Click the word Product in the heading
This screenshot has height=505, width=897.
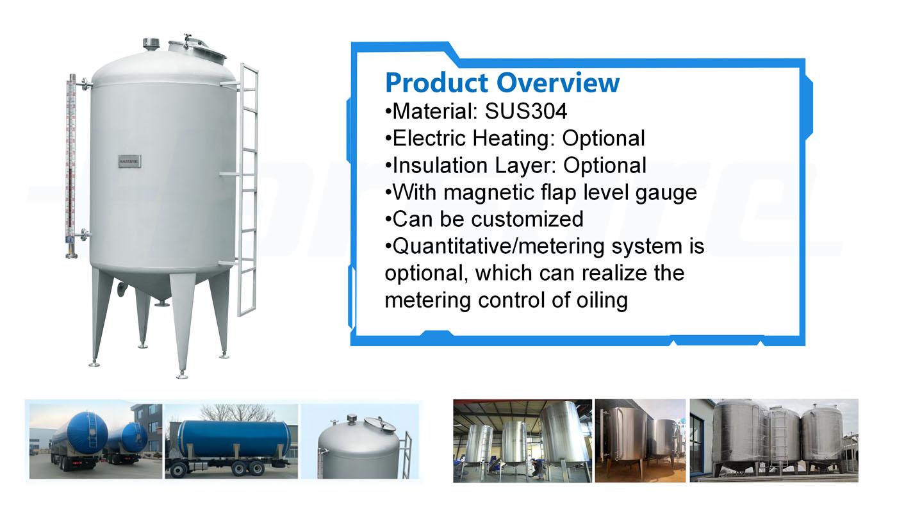click(x=437, y=83)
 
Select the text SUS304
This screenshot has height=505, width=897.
click(x=526, y=111)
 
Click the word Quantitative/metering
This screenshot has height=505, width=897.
click(x=498, y=246)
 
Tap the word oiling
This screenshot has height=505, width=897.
click(x=602, y=301)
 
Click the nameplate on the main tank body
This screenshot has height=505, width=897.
click(x=129, y=161)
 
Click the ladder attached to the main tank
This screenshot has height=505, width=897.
click(x=247, y=190)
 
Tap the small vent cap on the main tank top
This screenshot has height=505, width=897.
click(x=151, y=44)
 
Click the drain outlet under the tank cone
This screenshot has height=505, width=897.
click(x=162, y=304)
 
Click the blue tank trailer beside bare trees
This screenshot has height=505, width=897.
click(x=231, y=442)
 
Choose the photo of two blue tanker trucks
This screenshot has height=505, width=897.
click(x=95, y=442)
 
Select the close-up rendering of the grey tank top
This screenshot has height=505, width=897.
click(x=359, y=442)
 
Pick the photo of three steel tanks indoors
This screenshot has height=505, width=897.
click(x=523, y=440)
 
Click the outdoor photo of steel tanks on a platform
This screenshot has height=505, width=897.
click(x=774, y=440)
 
